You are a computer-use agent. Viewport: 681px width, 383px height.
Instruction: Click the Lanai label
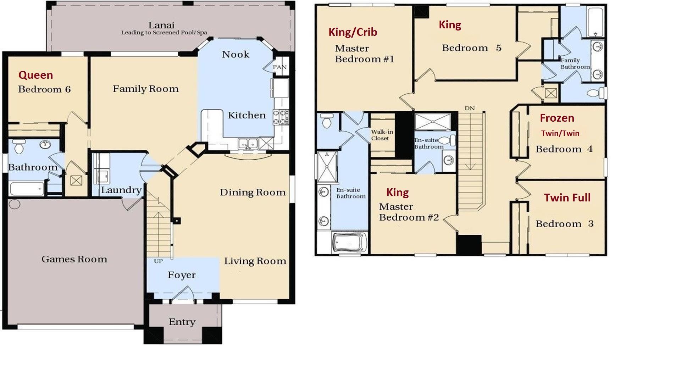pos(161,25)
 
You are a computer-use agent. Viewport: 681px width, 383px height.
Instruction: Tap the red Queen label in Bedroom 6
pos(35,75)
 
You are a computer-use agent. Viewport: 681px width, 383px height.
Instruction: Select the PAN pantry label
pos(279,67)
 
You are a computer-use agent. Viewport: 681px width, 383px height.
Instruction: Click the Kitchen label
pos(247,115)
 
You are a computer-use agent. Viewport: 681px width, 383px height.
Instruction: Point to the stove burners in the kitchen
pos(280,117)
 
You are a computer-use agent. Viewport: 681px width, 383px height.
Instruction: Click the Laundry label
pos(121,190)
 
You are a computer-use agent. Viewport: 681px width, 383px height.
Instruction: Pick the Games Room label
pos(74,259)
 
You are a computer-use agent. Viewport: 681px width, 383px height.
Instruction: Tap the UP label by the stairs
pos(158,261)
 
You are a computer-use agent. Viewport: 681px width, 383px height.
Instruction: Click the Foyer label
pos(182,275)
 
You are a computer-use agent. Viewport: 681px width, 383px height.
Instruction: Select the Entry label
pos(182,322)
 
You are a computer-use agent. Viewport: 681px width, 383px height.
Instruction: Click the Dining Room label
pos(253,193)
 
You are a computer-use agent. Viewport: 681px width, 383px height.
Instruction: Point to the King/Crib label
pos(353,32)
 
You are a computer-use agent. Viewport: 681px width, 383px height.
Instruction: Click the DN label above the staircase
pos(470,109)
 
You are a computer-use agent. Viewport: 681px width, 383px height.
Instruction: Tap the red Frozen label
pos(557,118)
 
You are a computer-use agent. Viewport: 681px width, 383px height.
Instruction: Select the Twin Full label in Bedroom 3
pos(567,198)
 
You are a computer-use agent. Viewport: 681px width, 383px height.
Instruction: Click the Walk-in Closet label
pos(382,135)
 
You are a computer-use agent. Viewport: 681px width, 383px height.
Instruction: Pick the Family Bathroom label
pos(575,63)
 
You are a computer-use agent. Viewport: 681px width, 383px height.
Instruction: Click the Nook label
pos(236,55)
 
